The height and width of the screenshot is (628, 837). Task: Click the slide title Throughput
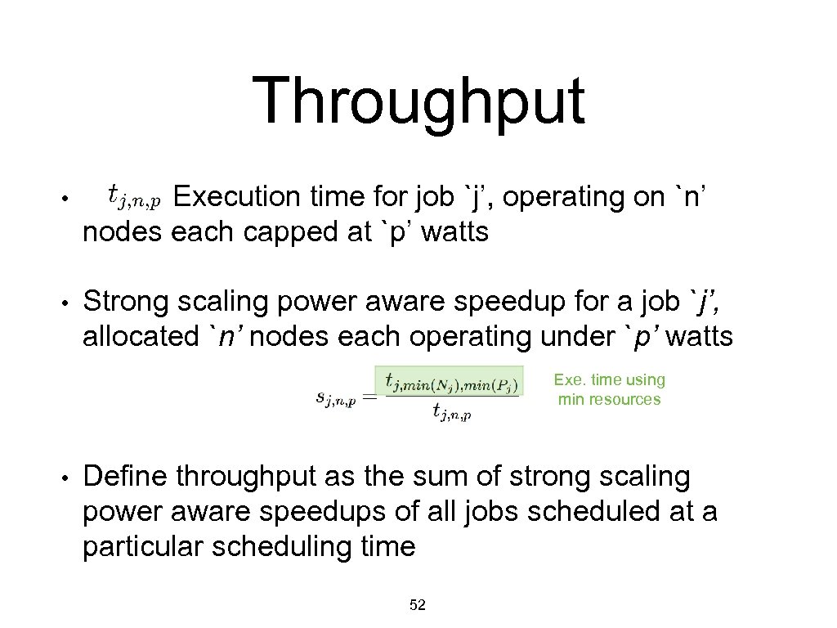pos(418,101)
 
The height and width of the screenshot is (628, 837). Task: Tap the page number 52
pos(418,605)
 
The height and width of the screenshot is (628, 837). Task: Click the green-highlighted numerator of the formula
pos(448,380)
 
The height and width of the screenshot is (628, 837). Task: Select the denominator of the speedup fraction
pos(451,412)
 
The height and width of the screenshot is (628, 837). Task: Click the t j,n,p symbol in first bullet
pos(136,196)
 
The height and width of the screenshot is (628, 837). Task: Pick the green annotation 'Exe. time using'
pos(610,379)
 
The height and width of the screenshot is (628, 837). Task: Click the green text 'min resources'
pos(610,400)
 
